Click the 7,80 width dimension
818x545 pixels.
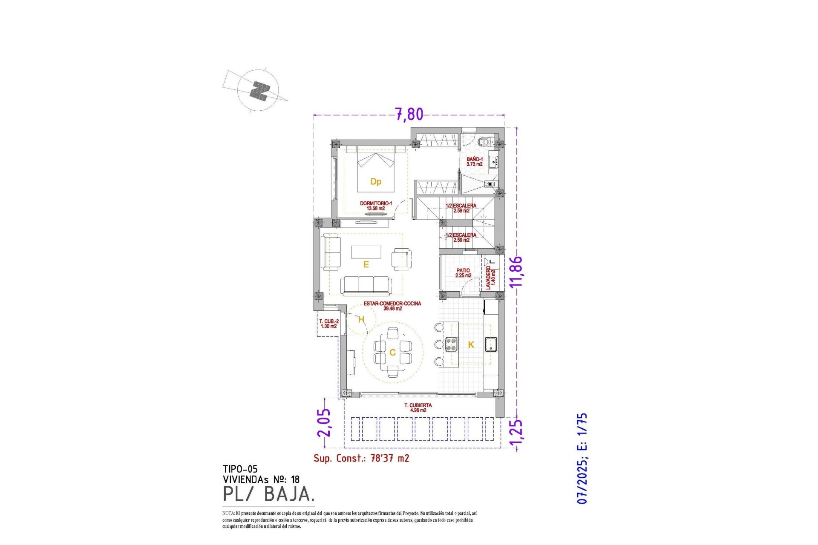[409, 114]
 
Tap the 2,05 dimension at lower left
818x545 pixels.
[323, 422]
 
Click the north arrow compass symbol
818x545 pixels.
[259, 91]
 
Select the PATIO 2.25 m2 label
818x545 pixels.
[463, 273]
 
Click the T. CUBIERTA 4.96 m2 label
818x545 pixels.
[418, 408]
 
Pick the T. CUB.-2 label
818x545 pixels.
[329, 324]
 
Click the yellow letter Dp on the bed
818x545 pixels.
[375, 182]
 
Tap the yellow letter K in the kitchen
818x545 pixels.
[471, 345]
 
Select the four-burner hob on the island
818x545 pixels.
[451, 344]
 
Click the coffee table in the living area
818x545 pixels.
[366, 252]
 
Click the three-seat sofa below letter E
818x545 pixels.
[366, 285]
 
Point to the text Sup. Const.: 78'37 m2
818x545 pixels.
[361, 458]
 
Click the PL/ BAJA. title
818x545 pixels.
[269, 494]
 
